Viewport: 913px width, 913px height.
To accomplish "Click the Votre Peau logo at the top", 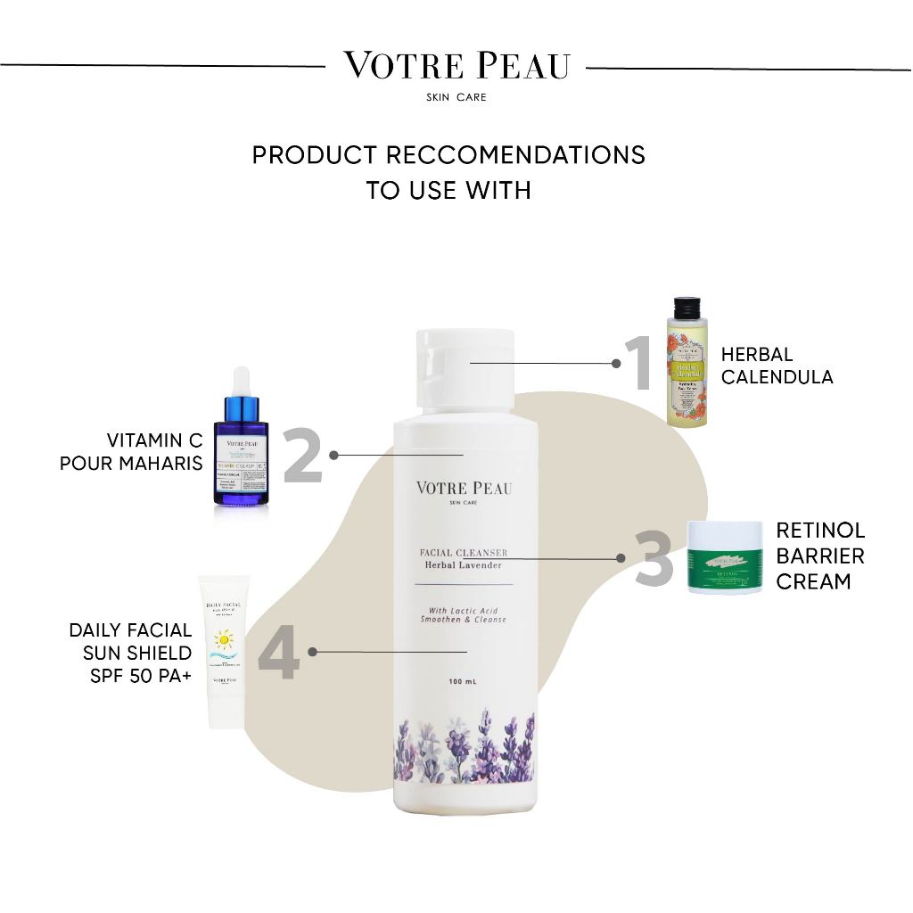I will (456, 67).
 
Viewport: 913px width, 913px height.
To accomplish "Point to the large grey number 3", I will (654, 559).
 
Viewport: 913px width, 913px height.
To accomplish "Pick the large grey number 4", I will (278, 653).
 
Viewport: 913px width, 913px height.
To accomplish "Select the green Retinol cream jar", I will (724, 557).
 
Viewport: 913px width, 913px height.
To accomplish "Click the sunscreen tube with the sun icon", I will (221, 651).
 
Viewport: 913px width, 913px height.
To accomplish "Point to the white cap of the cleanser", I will (465, 366).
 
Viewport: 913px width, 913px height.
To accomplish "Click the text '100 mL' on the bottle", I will (464, 682).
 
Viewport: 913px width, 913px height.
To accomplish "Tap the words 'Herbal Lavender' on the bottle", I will (464, 565).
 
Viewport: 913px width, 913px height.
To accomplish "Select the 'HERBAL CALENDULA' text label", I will (777, 366).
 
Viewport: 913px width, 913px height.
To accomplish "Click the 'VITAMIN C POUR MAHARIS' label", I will (131, 452).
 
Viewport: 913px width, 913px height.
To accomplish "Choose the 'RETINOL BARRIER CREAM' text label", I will (819, 555).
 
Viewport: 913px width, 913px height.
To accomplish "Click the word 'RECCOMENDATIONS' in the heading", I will (515, 154).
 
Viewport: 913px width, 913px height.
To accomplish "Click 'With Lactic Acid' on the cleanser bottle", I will (464, 610).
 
